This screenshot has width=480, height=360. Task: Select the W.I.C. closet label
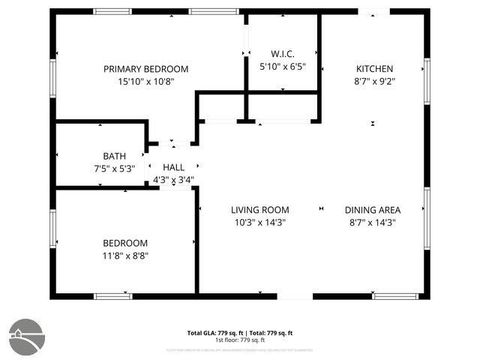(282, 54)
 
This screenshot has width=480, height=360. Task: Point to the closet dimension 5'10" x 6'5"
(282, 67)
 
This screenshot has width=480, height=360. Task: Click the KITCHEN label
(375, 69)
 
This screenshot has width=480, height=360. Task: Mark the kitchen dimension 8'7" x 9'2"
(375, 82)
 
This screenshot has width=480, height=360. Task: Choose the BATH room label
(113, 156)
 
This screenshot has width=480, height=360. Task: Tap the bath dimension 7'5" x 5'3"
(113, 168)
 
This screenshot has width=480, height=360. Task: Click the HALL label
(173, 168)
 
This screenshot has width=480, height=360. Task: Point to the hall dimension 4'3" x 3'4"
(173, 181)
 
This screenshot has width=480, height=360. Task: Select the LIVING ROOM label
(259, 210)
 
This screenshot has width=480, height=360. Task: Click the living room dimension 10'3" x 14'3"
(259, 223)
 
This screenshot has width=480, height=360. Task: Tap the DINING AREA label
(373, 210)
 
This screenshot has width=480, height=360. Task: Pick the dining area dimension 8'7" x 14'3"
(373, 223)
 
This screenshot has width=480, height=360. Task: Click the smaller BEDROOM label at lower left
(125, 243)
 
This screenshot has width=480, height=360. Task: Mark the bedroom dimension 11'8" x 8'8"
(125, 256)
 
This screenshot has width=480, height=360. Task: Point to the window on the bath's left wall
(55, 158)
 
